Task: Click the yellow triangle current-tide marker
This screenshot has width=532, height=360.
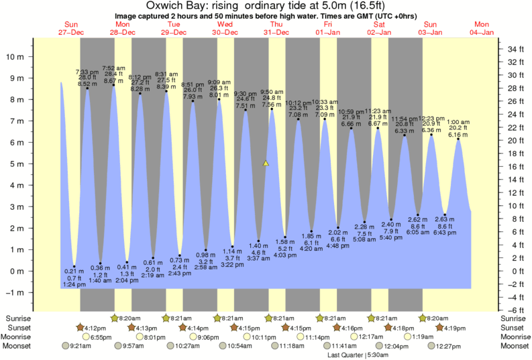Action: click(x=266, y=163)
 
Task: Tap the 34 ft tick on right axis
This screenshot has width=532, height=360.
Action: click(x=515, y=50)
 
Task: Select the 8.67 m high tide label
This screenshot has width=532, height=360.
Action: click(x=113, y=80)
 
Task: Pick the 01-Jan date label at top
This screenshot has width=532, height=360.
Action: click(x=327, y=32)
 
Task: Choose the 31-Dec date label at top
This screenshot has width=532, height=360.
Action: click(x=276, y=32)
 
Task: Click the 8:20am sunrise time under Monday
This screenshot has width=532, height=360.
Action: click(x=129, y=318)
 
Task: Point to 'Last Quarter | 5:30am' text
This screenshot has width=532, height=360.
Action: click(x=356, y=355)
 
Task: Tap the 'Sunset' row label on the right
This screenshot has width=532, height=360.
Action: click(x=513, y=327)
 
